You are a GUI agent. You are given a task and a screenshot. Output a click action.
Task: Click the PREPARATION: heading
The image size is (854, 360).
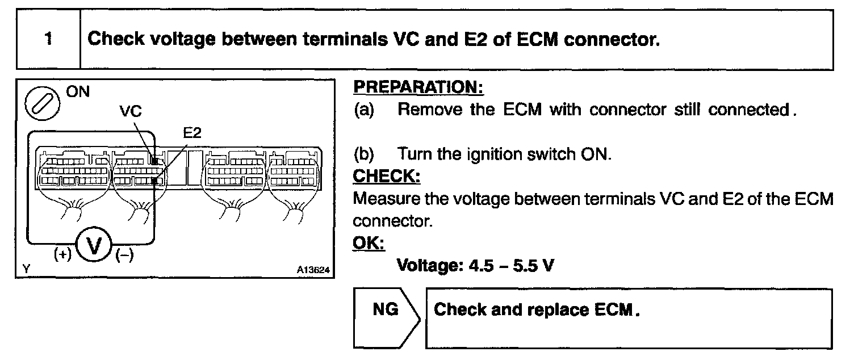(418, 88)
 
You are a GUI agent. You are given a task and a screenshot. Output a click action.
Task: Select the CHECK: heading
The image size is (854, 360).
(386, 176)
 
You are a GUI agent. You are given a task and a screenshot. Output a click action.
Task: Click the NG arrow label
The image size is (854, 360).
(384, 309)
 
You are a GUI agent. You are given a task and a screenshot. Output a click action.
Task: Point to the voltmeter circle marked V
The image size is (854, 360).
(95, 247)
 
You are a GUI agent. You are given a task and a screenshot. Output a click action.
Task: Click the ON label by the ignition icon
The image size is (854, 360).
(78, 92)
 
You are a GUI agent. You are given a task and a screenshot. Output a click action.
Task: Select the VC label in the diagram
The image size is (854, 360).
(131, 112)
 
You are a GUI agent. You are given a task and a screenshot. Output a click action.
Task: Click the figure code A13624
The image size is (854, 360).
(313, 270)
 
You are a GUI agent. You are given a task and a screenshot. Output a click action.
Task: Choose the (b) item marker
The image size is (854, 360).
(365, 154)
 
